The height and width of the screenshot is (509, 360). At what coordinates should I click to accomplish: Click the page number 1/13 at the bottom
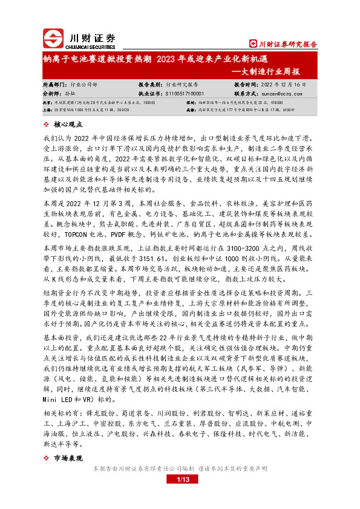click(183, 480)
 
